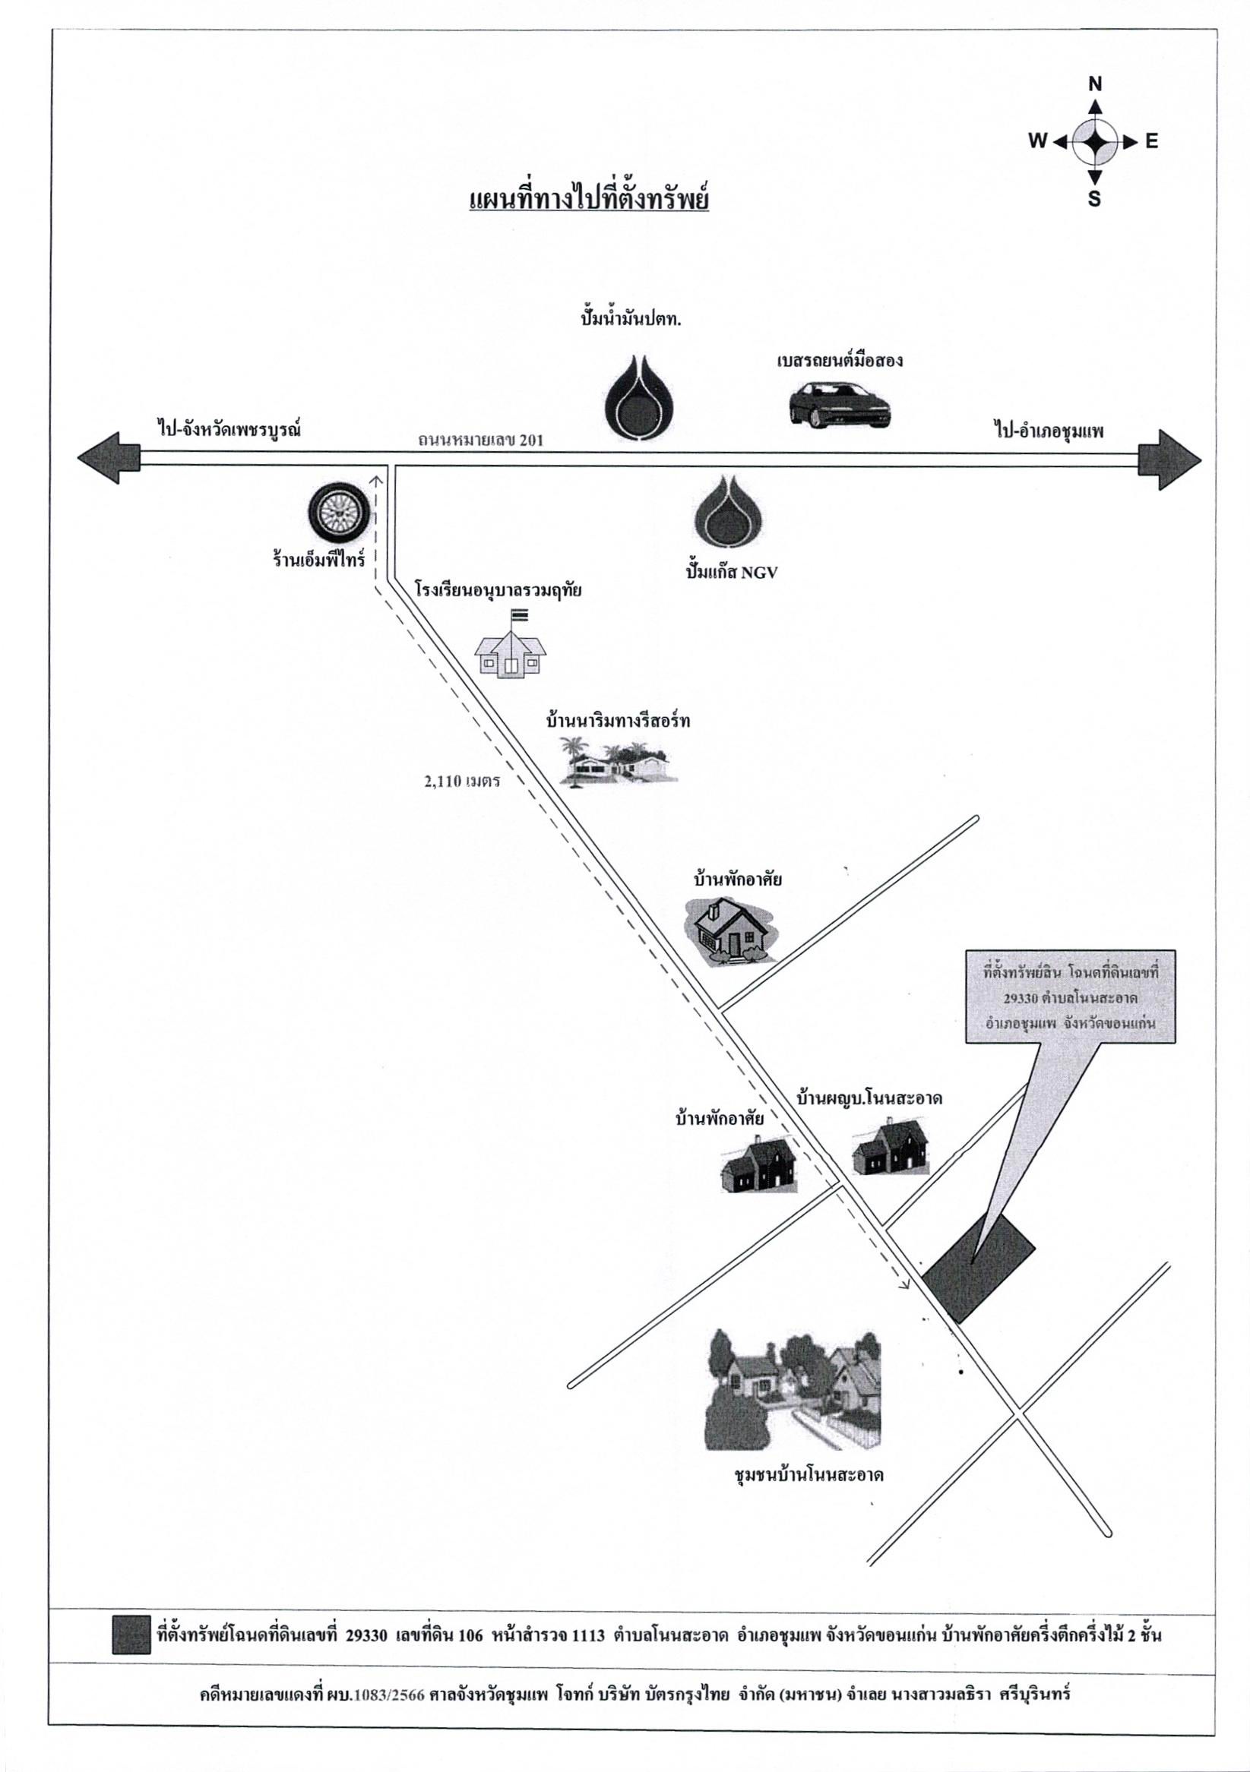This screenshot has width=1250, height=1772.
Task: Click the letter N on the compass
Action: (1095, 84)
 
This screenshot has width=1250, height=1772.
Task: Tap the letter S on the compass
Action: (1094, 199)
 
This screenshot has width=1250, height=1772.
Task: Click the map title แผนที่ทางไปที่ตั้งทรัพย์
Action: (589, 201)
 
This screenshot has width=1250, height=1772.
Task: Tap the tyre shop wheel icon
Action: (337, 512)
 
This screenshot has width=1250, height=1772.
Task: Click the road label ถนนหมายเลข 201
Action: (482, 441)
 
